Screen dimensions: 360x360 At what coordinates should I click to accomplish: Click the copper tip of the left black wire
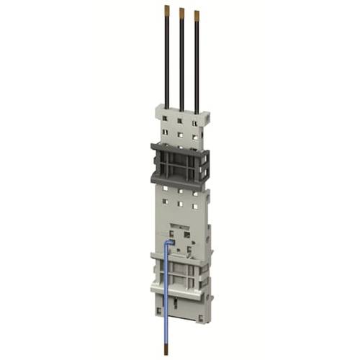(x=167, y=10)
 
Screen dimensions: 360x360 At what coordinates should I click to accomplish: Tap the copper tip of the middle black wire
(x=182, y=12)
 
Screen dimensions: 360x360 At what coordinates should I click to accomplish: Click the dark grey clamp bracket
(x=179, y=163)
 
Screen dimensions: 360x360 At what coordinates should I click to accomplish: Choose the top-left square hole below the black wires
(x=165, y=117)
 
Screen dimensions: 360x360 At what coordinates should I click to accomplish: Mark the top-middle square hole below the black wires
(x=179, y=120)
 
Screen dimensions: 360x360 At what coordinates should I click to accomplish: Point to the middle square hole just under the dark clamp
(x=179, y=192)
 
